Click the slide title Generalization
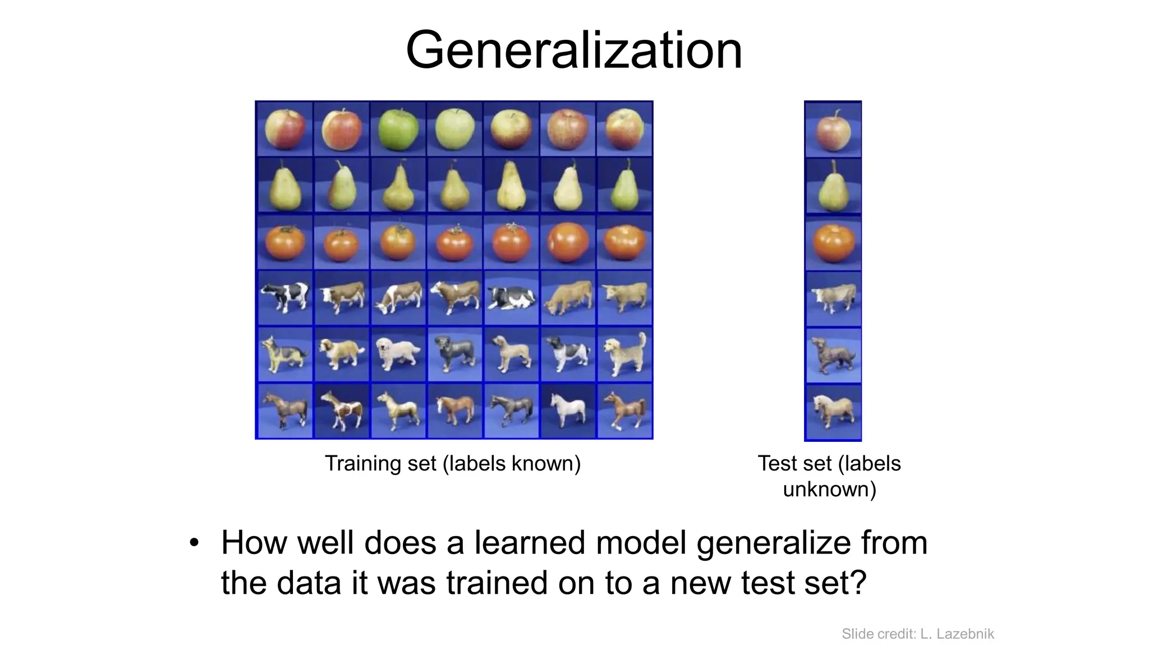(x=573, y=50)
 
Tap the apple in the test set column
(x=833, y=130)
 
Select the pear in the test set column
(x=833, y=187)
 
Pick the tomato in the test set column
(x=833, y=243)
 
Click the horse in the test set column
(x=833, y=412)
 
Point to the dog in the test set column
(x=833, y=356)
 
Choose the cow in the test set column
(x=833, y=298)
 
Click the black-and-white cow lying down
(x=511, y=297)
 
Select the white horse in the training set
(x=567, y=410)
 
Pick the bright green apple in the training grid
(x=398, y=130)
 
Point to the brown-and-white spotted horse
(x=341, y=411)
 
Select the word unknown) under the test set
(x=829, y=490)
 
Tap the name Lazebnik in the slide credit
(x=966, y=634)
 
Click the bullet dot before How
(x=194, y=543)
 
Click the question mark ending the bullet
(x=857, y=583)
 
